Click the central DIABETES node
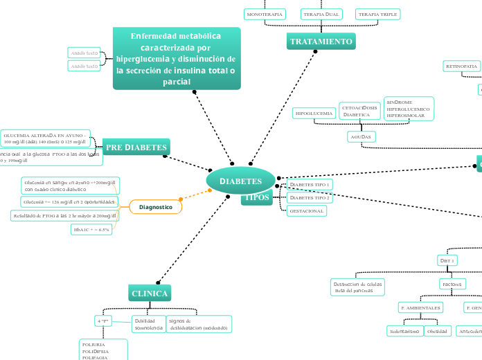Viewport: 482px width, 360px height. click(x=241, y=181)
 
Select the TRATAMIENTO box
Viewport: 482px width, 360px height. click(x=321, y=42)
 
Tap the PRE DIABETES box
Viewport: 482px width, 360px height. click(x=136, y=147)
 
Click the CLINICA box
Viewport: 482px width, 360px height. click(x=150, y=294)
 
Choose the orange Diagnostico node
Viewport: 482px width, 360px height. click(x=156, y=207)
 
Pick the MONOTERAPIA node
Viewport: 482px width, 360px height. click(x=265, y=14)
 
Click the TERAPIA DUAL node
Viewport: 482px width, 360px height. click(x=321, y=14)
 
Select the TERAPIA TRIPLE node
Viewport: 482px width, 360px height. click(x=377, y=14)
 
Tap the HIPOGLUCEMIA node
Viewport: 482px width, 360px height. click(x=314, y=113)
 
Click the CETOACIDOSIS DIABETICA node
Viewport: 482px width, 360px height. click(x=359, y=111)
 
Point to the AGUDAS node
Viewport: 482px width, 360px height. click(x=361, y=136)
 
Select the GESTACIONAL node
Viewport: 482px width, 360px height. click(x=306, y=210)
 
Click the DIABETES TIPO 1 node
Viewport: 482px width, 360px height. click(x=310, y=185)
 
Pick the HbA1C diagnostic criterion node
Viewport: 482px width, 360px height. click(x=91, y=229)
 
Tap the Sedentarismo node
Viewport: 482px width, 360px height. click(x=404, y=331)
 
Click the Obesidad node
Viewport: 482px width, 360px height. click(x=437, y=331)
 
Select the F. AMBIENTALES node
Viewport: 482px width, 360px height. click(x=420, y=307)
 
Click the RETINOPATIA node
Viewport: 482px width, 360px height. click(x=462, y=66)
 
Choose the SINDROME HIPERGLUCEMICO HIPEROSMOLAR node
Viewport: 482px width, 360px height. click(x=409, y=109)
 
